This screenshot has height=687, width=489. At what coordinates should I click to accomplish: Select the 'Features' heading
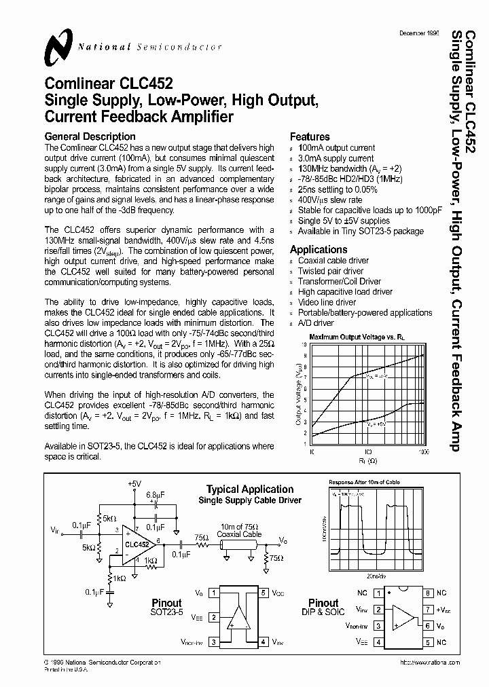(310, 136)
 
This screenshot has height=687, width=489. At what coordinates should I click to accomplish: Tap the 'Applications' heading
(319, 249)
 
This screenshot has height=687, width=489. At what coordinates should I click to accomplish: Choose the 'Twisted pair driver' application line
(331, 271)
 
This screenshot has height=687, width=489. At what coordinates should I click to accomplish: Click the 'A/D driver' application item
(316, 323)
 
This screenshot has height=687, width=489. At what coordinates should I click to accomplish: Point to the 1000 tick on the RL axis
(424, 451)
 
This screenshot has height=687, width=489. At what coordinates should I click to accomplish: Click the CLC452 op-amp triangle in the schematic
(137, 544)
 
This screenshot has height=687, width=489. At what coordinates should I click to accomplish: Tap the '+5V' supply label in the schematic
(134, 483)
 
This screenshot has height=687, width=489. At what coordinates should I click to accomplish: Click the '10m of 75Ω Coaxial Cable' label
(239, 530)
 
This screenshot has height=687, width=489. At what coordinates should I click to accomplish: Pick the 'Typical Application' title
(250, 489)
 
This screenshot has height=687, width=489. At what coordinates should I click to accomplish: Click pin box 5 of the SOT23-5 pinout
(263, 592)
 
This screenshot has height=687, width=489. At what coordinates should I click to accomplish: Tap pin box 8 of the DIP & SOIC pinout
(428, 593)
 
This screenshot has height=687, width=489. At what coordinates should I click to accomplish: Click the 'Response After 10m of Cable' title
(364, 482)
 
